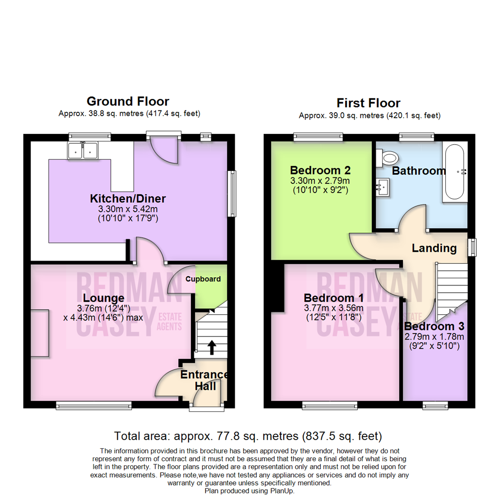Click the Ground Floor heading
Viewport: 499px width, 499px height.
click(x=128, y=101)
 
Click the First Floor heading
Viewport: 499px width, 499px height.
click(x=368, y=103)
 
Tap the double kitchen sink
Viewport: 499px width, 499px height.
click(x=83, y=151)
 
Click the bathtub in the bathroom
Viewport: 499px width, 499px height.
click(x=455, y=171)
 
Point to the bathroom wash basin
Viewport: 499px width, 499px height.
click(x=383, y=188)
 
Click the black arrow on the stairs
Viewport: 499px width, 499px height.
click(x=212, y=347)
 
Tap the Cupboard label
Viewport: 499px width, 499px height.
click(x=203, y=279)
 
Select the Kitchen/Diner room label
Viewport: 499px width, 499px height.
click(x=128, y=199)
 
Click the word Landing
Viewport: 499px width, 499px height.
click(x=434, y=248)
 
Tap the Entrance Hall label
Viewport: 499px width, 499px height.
click(x=205, y=380)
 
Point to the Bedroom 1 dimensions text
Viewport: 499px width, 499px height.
click(x=333, y=313)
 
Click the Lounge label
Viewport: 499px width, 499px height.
click(x=104, y=298)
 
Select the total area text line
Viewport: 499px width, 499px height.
click(x=249, y=435)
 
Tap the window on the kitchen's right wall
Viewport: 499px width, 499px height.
click(x=232, y=194)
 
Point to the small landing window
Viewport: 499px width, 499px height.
click(x=472, y=247)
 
